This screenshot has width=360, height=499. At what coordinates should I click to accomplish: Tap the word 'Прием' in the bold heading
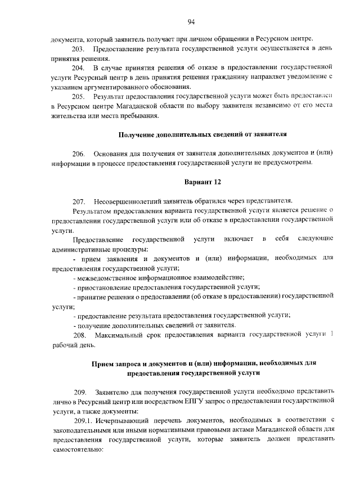point(103,363)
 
